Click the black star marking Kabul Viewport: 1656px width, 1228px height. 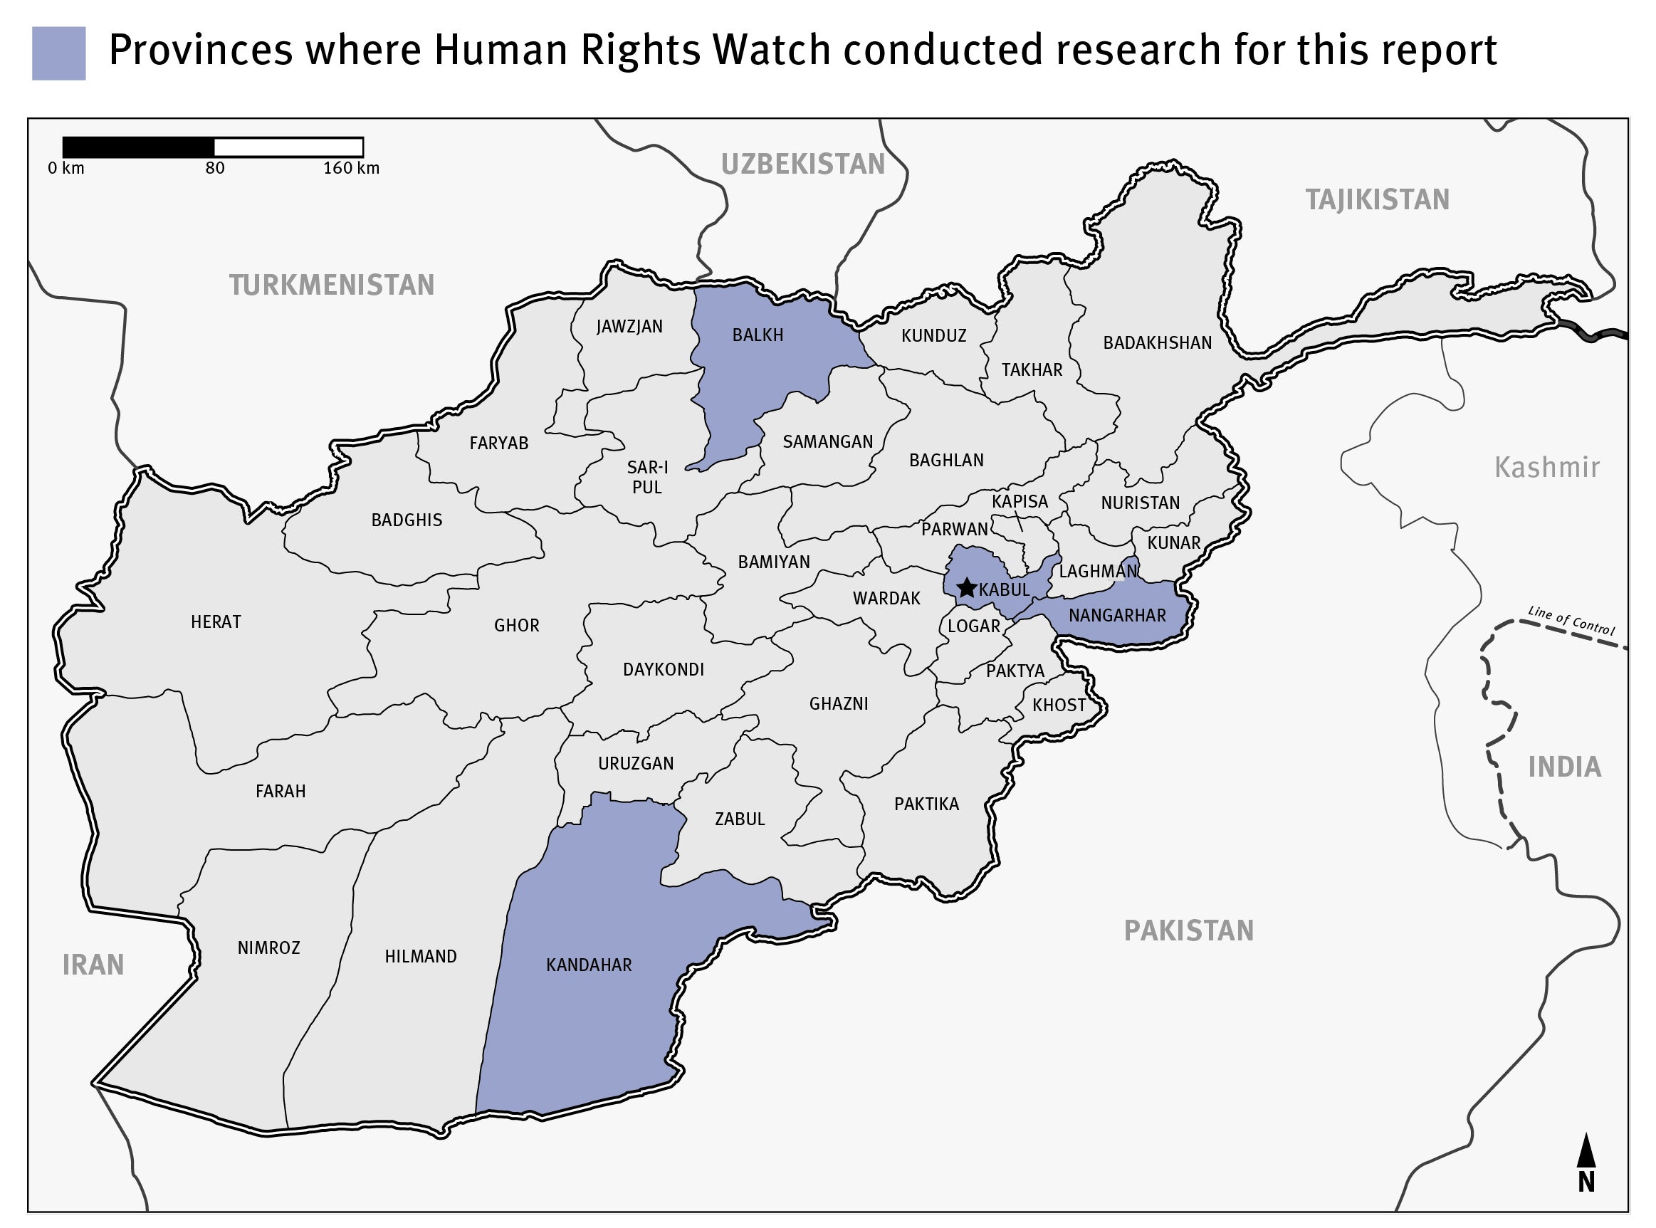[965, 588]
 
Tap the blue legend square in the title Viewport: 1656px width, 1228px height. [58, 53]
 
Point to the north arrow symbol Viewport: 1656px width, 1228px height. [1586, 1160]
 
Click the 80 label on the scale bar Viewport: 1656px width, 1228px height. [215, 169]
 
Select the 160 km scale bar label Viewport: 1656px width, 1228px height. [351, 169]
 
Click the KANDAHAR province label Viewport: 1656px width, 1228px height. [589, 965]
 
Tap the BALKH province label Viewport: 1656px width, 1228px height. [758, 335]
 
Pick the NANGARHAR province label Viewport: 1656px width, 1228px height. [1117, 616]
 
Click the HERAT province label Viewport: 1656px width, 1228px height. [216, 622]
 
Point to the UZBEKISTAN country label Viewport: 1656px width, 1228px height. [803, 164]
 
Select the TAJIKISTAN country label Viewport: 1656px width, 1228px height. [1378, 200]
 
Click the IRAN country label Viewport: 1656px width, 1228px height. [93, 965]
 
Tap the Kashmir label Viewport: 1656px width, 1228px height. [1547, 468]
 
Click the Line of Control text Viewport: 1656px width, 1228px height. [1571, 621]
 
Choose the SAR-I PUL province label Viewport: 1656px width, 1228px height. [646, 477]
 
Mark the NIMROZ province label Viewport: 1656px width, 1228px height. [268, 948]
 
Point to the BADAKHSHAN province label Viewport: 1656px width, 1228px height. [1156, 342]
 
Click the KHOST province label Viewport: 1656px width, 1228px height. [1059, 705]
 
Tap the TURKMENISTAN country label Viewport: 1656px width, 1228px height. [332, 285]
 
